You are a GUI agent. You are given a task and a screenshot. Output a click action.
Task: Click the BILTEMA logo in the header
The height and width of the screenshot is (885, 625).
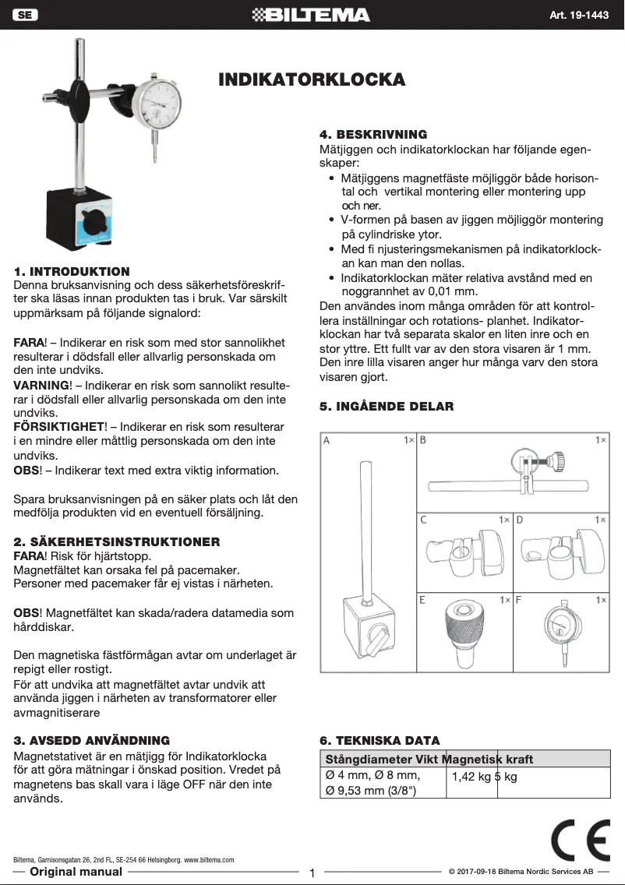coord(312,15)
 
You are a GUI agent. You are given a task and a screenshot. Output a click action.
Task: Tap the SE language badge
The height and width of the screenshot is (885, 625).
coord(26,15)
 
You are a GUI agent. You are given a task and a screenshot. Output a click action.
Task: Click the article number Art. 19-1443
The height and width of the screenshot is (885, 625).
coord(581,16)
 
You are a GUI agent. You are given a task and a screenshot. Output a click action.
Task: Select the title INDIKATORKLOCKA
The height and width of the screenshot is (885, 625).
coord(312,80)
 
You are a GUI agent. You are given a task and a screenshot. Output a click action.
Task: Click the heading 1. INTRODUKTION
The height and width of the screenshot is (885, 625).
coord(72,271)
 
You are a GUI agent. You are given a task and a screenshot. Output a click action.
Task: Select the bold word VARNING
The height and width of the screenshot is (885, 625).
coord(41,385)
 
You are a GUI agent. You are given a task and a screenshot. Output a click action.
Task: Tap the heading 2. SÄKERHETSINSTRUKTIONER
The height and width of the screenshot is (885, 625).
coord(117,541)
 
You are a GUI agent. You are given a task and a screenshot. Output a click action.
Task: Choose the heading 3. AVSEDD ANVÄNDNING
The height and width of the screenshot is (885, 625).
coord(92,740)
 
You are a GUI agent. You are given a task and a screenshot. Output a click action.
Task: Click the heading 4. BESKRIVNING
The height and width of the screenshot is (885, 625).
coord(373,135)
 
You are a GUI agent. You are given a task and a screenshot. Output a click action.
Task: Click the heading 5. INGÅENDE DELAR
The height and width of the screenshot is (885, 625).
coord(387,406)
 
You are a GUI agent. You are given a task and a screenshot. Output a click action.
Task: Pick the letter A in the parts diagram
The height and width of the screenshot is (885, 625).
coord(327,440)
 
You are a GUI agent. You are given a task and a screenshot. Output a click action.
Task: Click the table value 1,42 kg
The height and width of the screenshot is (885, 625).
coord(470,776)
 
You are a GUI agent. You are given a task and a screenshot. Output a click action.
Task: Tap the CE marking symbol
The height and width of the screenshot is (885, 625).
coord(580,840)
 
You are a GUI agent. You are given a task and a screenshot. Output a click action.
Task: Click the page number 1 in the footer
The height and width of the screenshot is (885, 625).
coord(312,873)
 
